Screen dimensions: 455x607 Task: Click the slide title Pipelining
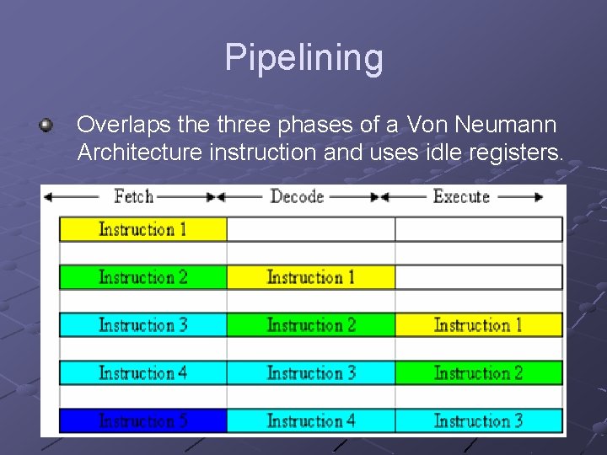tap(303, 58)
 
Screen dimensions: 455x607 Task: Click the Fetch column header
tap(133, 197)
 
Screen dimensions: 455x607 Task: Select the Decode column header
tap(297, 197)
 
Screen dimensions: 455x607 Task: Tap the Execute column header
tap(461, 197)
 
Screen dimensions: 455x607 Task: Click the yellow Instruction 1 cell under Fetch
tap(142, 229)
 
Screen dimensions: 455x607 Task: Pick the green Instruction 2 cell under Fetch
tap(142, 277)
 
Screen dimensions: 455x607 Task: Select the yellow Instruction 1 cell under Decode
tap(310, 277)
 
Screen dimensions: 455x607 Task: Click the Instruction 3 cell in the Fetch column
tap(142, 325)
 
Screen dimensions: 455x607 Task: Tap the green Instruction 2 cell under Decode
tap(310, 325)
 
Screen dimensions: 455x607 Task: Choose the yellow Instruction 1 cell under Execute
tap(478, 325)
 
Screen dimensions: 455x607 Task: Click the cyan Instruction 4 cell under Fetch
tap(142, 372)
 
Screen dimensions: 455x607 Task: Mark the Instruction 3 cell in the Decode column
tap(310, 372)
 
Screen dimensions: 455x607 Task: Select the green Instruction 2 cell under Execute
tap(478, 372)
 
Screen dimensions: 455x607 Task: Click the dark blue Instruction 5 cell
tap(142, 420)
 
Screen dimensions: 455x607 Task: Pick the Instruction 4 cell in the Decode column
tap(310, 420)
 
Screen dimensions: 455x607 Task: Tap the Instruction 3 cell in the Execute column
tap(478, 420)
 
